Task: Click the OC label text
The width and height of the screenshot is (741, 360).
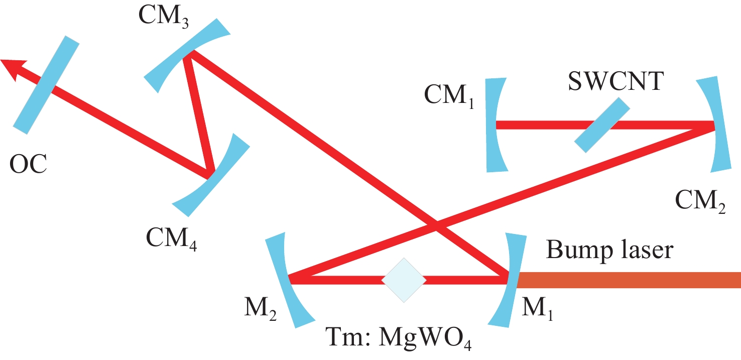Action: pyautogui.click(x=28, y=164)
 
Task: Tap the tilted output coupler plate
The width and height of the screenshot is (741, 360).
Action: pyautogui.click(x=46, y=85)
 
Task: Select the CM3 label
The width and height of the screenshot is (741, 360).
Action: pyautogui.click(x=164, y=17)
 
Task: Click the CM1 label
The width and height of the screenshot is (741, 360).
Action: pyautogui.click(x=449, y=96)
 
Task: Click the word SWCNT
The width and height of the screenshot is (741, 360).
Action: pyautogui.click(x=616, y=81)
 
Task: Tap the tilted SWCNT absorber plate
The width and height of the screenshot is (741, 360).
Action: pyautogui.click(x=602, y=125)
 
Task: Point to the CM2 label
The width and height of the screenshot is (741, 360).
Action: pyautogui.click(x=700, y=201)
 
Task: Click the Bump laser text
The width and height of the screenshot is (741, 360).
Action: pyautogui.click(x=609, y=251)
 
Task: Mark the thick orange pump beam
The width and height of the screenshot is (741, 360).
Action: pyautogui.click(x=629, y=280)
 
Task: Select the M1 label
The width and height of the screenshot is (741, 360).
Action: pyautogui.click(x=537, y=308)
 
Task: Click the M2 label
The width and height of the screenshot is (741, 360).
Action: pyautogui.click(x=261, y=308)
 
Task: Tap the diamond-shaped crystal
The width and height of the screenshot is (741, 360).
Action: pyautogui.click(x=404, y=280)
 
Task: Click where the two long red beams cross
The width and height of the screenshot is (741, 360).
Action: pyautogui.click(x=436, y=225)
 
